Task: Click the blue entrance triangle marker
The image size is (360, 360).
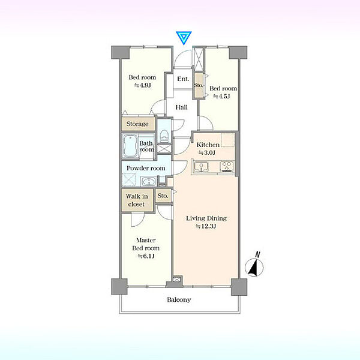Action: [184, 37]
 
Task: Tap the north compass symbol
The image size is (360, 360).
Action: [254, 266]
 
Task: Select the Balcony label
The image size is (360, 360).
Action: [179, 299]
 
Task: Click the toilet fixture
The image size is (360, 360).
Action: [164, 136]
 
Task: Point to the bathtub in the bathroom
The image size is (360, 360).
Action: [130, 146]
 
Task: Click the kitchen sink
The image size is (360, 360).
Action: [201, 167]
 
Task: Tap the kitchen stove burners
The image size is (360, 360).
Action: [227, 166]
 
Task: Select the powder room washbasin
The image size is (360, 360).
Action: [149, 182]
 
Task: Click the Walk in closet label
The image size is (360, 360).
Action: [137, 200]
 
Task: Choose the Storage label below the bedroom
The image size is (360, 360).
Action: [137, 124]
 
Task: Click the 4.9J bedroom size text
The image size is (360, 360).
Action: [142, 85]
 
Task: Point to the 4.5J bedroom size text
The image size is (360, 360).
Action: [221, 96]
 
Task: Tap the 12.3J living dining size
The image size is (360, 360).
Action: [206, 226]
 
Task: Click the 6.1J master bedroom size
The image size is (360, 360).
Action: [146, 256]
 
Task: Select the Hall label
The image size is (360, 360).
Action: [181, 107]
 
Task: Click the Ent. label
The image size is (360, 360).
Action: [183, 79]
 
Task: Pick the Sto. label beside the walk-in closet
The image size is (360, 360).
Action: [163, 196]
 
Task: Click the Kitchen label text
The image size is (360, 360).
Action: [208, 145]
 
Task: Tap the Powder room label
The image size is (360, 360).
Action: [146, 168]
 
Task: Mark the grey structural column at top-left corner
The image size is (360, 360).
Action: [121, 53]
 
